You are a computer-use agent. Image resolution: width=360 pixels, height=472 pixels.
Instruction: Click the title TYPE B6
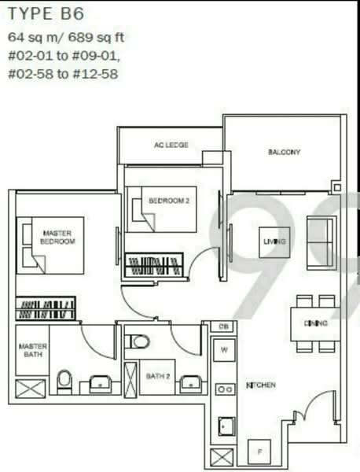click(x=46, y=13)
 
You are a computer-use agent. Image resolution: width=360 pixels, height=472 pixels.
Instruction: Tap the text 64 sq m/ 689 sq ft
click(x=66, y=37)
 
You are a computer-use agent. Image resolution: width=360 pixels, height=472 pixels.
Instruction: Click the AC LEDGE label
click(x=171, y=146)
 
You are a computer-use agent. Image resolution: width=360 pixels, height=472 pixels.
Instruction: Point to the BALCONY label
click(x=284, y=152)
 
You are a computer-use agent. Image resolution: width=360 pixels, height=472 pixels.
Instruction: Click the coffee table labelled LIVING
click(x=274, y=242)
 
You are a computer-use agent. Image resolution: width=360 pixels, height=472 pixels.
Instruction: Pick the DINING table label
click(x=316, y=323)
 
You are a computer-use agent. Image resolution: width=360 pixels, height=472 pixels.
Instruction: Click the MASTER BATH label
click(x=32, y=350)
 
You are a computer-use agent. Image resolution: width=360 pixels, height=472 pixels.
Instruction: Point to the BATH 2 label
click(x=157, y=377)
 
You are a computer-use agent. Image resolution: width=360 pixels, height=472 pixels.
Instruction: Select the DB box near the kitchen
click(x=223, y=326)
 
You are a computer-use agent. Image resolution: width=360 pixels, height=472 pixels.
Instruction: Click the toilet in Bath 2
click(x=139, y=341)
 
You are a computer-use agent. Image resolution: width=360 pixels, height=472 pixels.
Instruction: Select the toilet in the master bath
click(x=64, y=380)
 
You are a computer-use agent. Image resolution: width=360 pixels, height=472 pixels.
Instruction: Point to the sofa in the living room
click(x=321, y=242)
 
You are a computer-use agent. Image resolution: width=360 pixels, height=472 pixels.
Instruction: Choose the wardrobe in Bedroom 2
click(x=154, y=265)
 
